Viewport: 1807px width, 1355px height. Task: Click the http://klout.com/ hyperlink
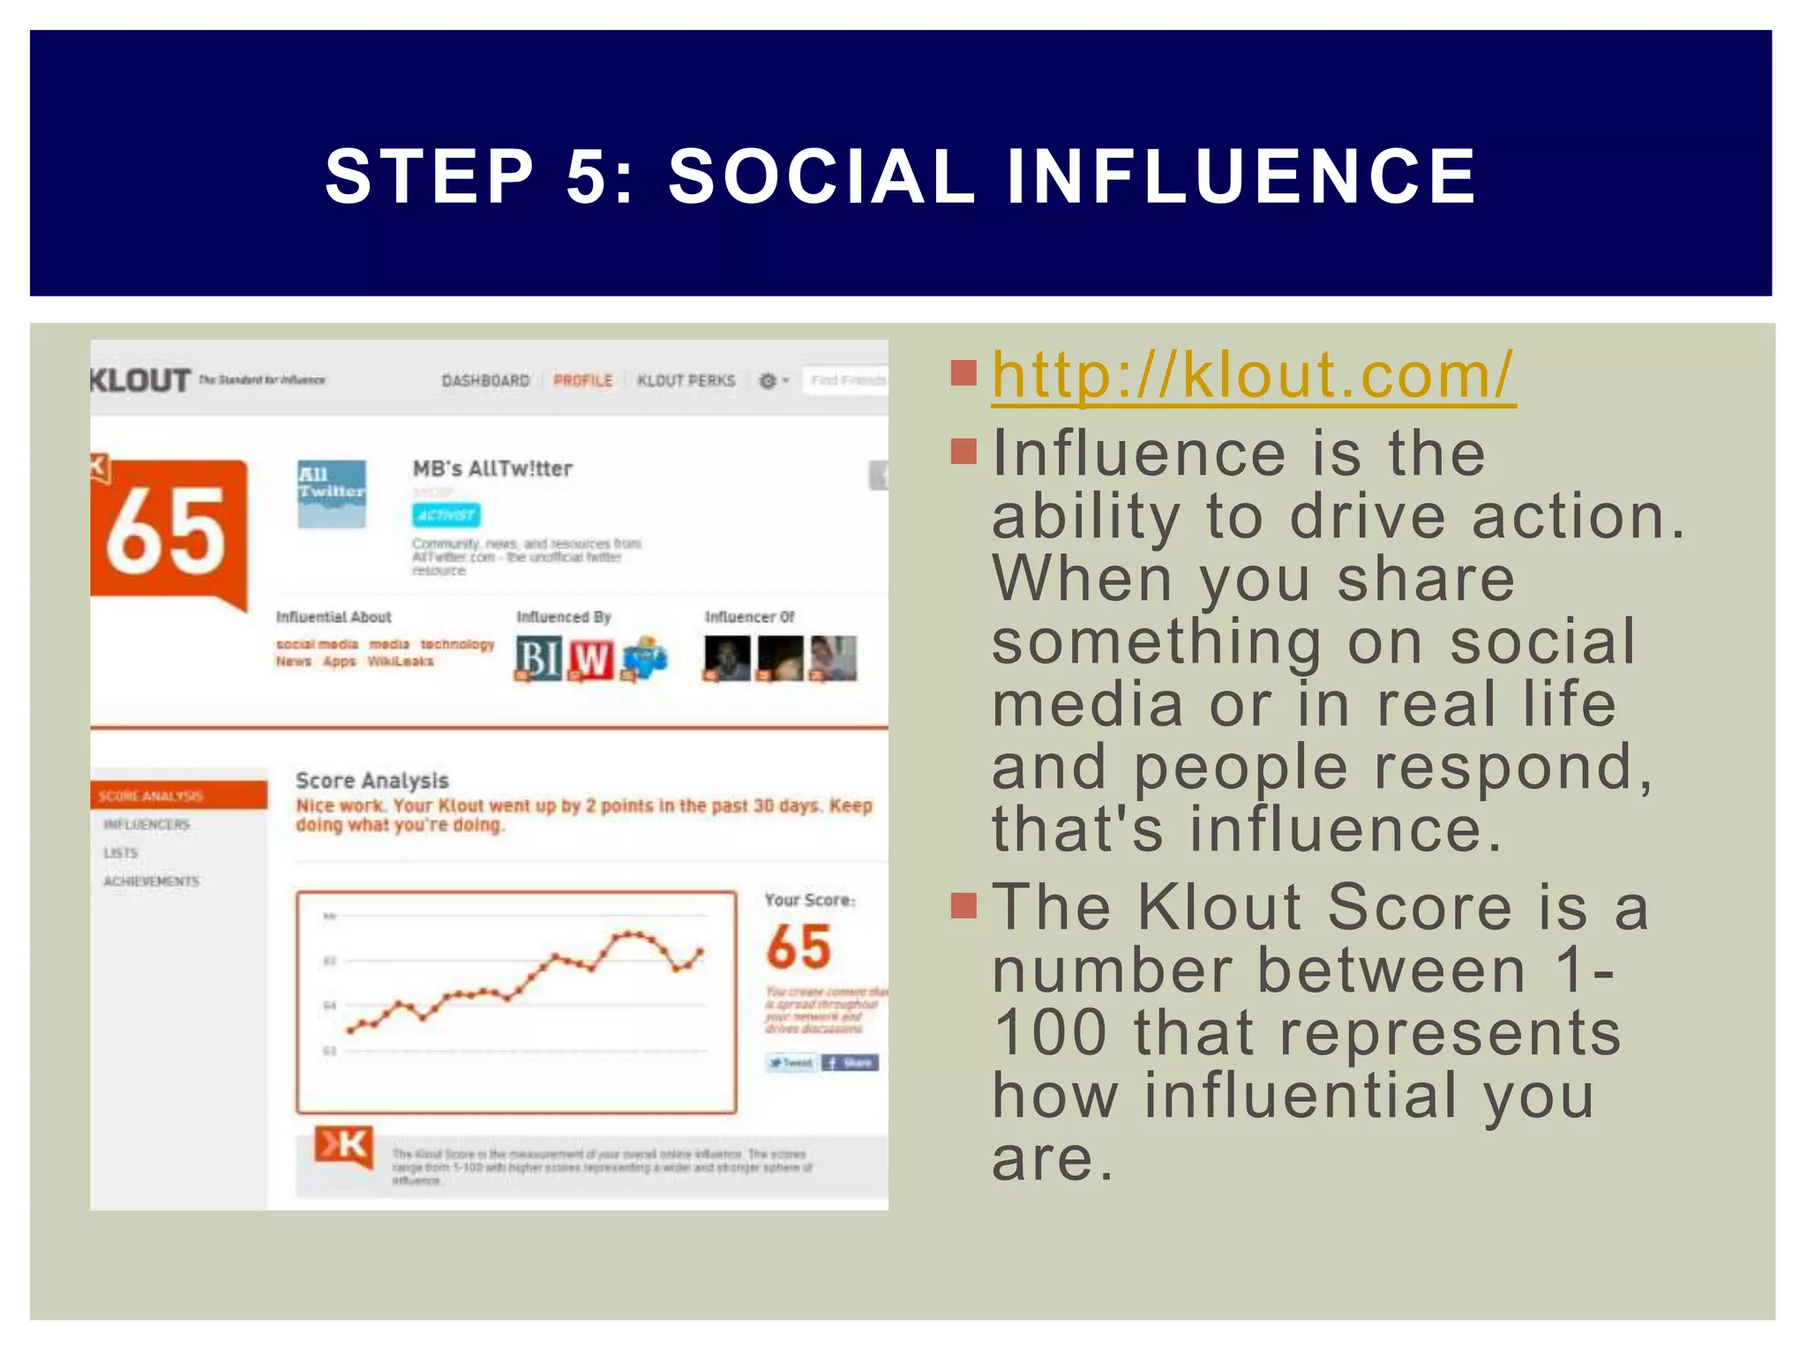(1253, 376)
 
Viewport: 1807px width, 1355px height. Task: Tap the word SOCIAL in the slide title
(821, 176)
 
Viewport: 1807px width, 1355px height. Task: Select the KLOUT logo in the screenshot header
(140, 380)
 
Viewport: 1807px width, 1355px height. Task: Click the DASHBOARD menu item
(485, 380)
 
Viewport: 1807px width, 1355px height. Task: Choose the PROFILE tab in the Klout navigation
(582, 380)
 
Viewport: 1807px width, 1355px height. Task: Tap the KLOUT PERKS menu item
(686, 380)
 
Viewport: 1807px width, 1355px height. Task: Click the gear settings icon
(768, 380)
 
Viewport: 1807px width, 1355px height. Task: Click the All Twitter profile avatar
(331, 493)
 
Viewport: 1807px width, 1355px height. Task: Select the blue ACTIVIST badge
(446, 515)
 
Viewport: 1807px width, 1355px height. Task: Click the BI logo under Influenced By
(537, 658)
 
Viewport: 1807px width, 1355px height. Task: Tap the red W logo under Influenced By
(591, 658)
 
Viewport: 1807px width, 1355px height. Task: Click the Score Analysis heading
(371, 781)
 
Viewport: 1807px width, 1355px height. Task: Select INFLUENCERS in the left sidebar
(146, 825)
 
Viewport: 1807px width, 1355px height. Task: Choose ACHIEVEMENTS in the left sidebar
(151, 881)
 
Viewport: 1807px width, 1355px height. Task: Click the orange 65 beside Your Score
(799, 947)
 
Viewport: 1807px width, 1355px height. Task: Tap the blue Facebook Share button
(850, 1063)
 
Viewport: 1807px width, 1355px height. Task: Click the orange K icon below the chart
(343, 1146)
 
